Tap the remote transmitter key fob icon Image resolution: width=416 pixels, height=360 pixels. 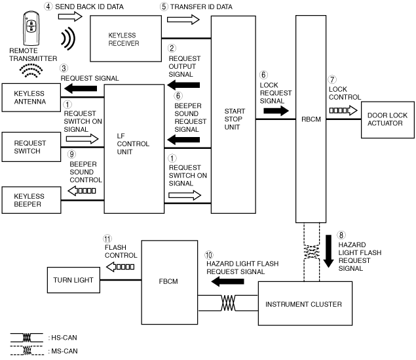31,28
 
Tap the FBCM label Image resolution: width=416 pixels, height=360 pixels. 168,281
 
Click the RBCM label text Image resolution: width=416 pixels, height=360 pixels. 311,119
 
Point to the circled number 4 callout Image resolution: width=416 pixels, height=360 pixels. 48,7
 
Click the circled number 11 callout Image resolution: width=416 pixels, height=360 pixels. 107,239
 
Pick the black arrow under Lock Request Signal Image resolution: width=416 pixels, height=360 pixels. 276,111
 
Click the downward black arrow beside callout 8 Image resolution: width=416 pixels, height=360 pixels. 328,251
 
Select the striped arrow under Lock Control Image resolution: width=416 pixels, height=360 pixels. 343,110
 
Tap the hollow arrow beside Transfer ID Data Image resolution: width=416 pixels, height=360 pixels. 183,20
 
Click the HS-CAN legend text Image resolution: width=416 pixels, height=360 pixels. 63,338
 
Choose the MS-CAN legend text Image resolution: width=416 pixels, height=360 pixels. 63,351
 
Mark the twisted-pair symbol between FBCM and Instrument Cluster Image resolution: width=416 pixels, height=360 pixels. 228,303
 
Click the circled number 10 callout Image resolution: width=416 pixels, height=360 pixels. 208,255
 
